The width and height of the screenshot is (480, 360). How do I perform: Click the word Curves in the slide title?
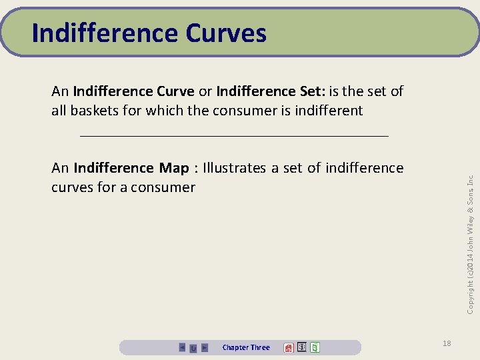pos(226,33)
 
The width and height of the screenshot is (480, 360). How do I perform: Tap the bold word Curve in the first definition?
pos(174,91)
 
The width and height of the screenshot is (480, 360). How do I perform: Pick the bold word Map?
pos(175,167)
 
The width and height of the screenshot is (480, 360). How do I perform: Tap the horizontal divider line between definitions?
pos(233,135)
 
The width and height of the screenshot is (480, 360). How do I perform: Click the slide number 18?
pos(447,343)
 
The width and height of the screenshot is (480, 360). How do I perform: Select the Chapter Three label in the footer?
pos(246,347)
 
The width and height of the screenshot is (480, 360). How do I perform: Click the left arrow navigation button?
pos(182,347)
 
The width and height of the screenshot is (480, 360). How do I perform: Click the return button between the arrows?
pos(193,347)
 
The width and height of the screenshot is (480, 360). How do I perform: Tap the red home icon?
pos(289,347)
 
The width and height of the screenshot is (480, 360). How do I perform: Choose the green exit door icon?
pos(315,347)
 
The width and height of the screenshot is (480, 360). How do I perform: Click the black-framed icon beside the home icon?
pos(301,347)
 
